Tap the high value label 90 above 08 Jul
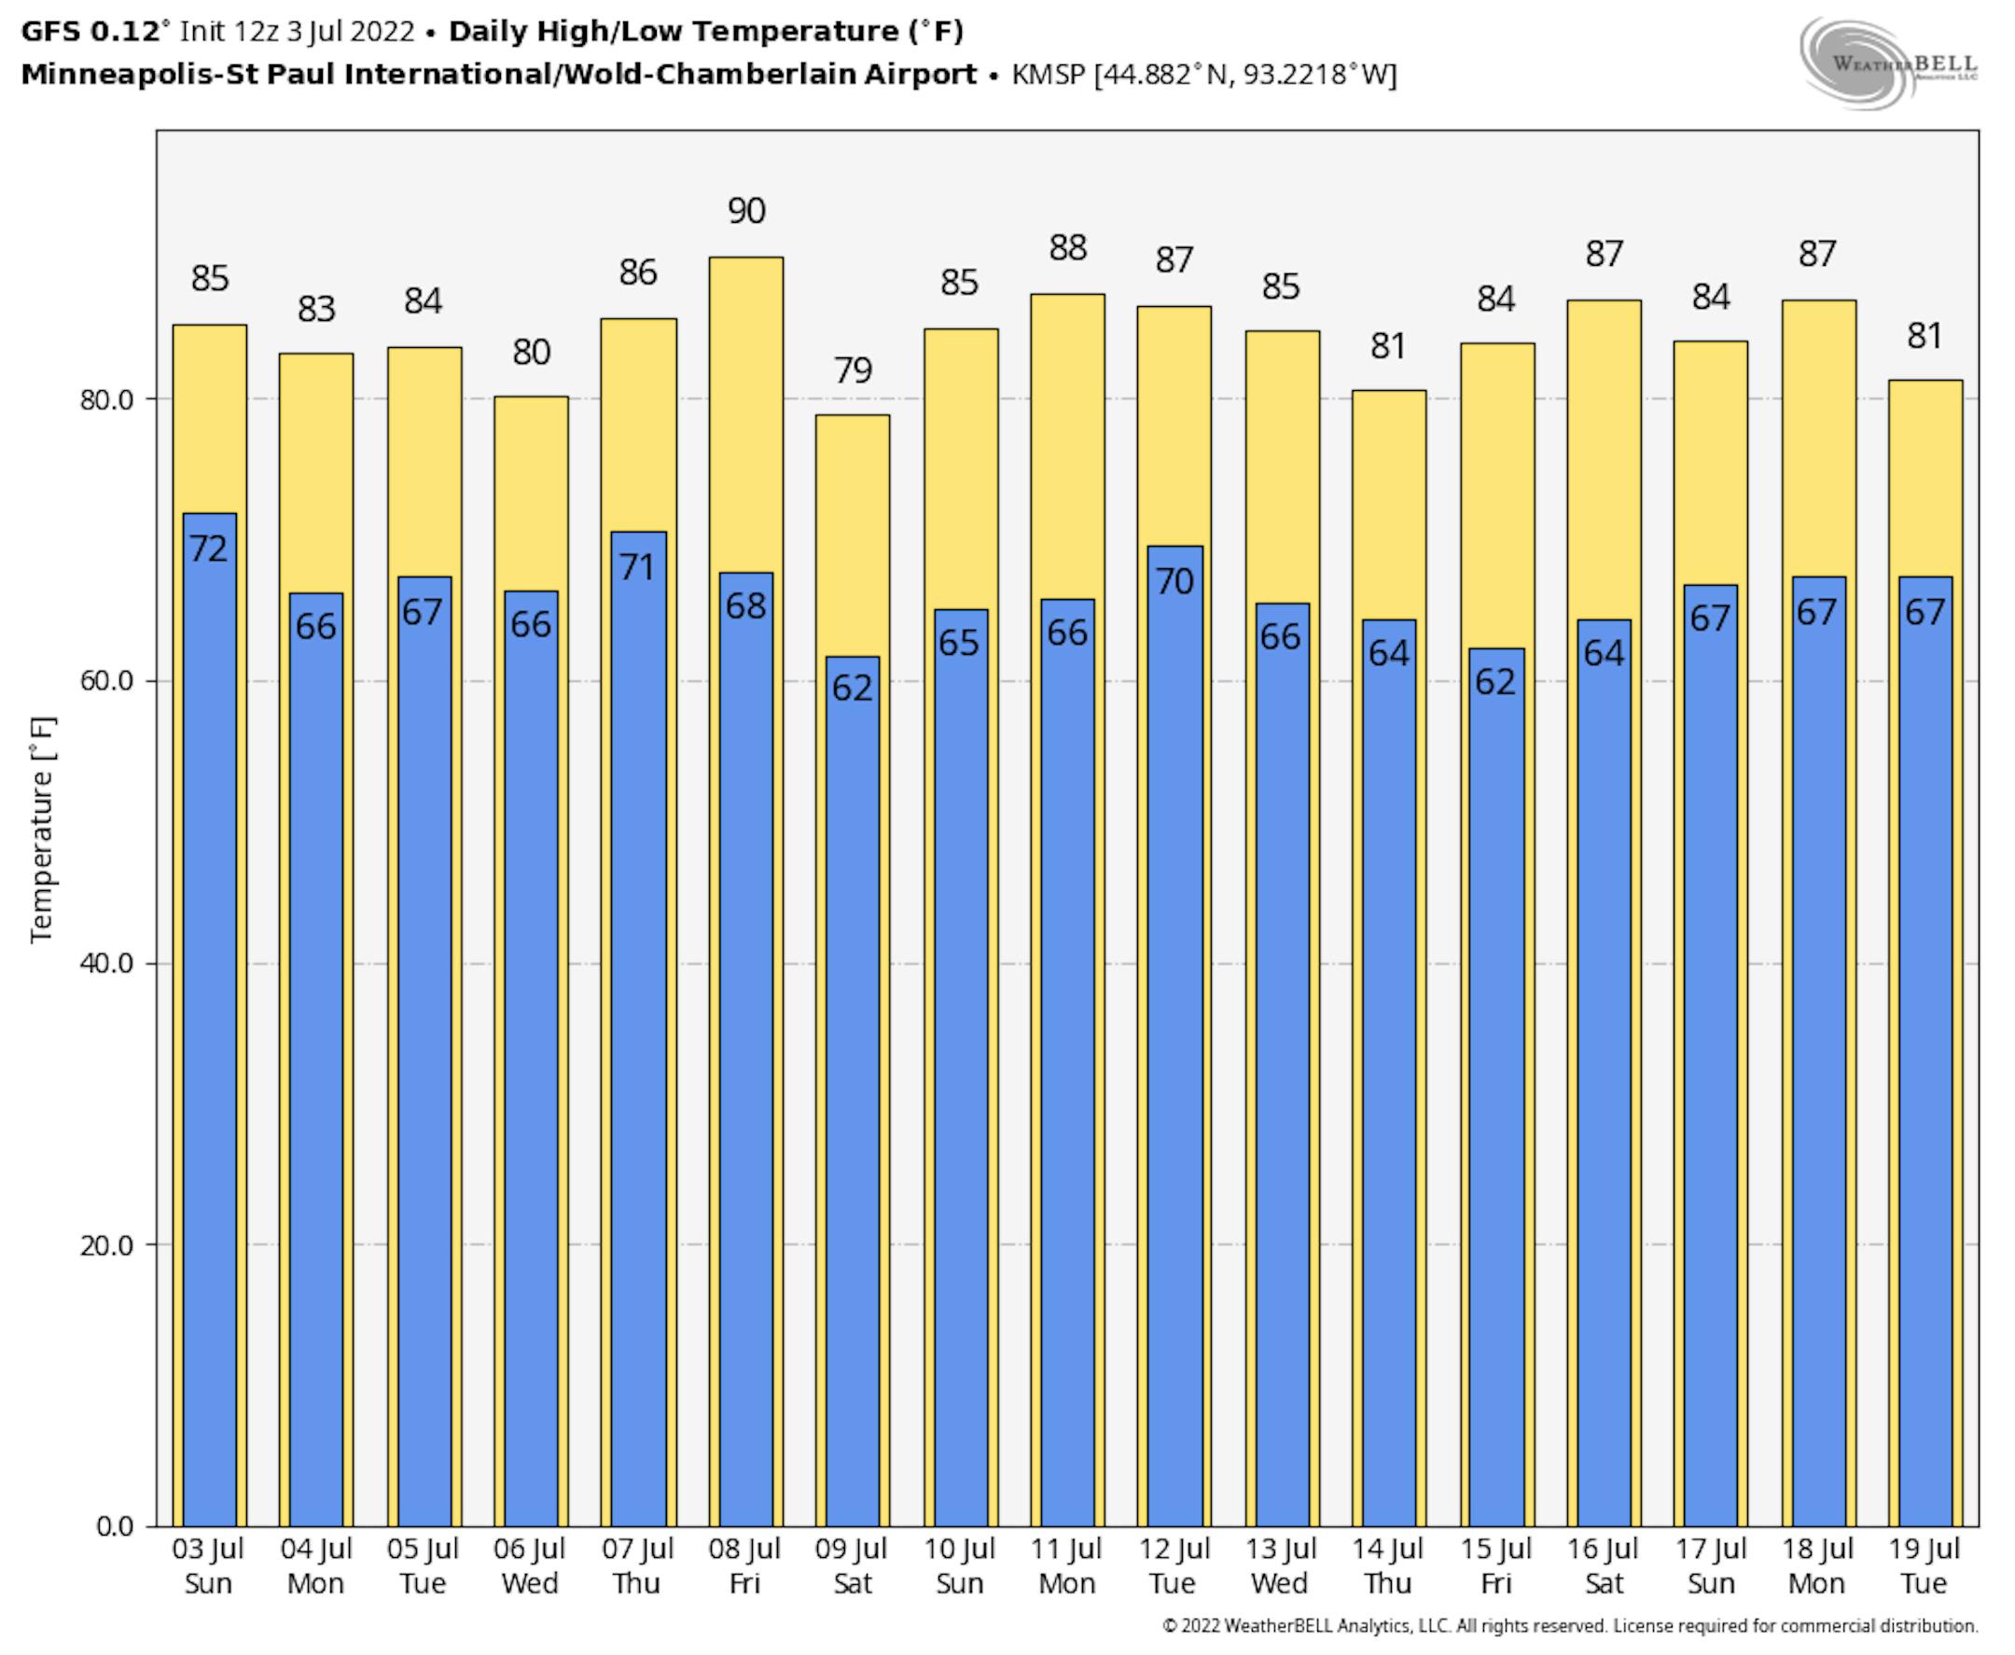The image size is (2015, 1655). click(746, 211)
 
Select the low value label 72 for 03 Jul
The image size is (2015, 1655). click(209, 549)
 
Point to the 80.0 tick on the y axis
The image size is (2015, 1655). click(106, 399)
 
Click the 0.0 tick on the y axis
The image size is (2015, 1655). click(116, 1526)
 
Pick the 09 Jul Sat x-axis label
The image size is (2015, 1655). click(852, 1565)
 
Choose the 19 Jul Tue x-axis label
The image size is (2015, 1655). click(1924, 1565)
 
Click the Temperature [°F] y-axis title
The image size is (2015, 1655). click(43, 829)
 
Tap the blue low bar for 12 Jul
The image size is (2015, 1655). click(1174, 1049)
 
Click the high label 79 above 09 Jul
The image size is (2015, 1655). click(853, 369)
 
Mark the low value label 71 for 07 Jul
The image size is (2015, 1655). click(638, 567)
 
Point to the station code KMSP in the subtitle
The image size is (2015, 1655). click(1049, 75)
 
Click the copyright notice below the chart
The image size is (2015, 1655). click(1570, 1625)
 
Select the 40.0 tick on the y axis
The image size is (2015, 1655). click(106, 963)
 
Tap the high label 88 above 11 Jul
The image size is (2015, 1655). click(1067, 248)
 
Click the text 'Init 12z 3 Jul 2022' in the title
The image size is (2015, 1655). click(298, 32)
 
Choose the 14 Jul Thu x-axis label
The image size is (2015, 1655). click(1388, 1565)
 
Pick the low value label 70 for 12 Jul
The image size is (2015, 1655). click(1174, 580)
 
